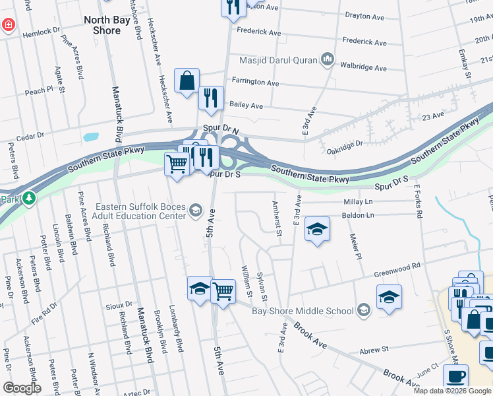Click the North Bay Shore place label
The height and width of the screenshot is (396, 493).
(102, 25)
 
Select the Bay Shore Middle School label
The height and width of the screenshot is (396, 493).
(303, 310)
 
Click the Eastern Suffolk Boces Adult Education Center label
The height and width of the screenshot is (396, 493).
(141, 211)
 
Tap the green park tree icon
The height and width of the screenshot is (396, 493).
(28, 198)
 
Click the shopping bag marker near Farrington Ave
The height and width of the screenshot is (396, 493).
(187, 80)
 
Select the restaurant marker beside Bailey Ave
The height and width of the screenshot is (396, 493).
(211, 98)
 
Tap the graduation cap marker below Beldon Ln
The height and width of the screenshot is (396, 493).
(318, 228)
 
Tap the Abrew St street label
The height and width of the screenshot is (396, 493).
(375, 348)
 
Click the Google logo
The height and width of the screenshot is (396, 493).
(22, 387)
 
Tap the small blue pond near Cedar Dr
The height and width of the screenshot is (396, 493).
(90, 138)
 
